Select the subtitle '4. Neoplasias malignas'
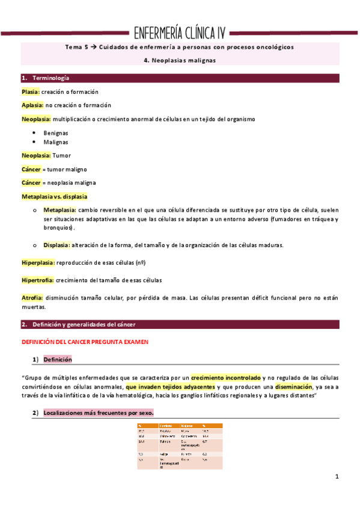180,60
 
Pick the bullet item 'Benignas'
56,132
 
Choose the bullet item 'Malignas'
55,142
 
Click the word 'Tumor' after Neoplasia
63,155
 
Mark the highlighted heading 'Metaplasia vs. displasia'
54,197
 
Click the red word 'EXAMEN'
135,342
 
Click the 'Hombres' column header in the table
166,426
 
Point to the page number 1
337,477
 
